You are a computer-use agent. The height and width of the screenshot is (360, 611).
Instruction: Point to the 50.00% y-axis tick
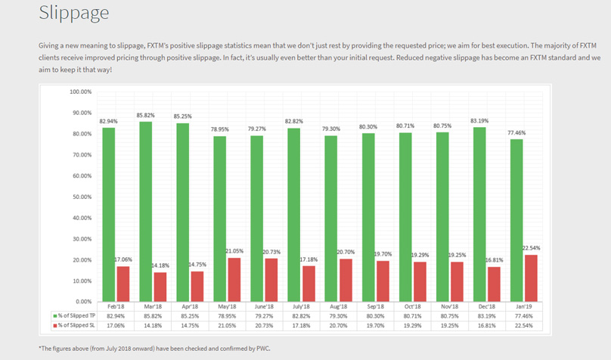(x=79, y=197)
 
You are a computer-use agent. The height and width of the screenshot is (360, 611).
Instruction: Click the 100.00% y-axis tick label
(x=79, y=92)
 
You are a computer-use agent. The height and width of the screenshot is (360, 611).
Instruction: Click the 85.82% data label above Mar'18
(x=146, y=115)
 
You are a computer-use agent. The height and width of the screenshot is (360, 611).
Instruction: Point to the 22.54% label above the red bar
(x=530, y=248)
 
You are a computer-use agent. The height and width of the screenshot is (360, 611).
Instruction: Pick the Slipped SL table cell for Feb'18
(x=115, y=324)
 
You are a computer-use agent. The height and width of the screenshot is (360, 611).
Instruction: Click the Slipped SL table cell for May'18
(x=226, y=324)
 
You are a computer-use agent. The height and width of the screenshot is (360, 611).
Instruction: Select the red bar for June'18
(x=271, y=279)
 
